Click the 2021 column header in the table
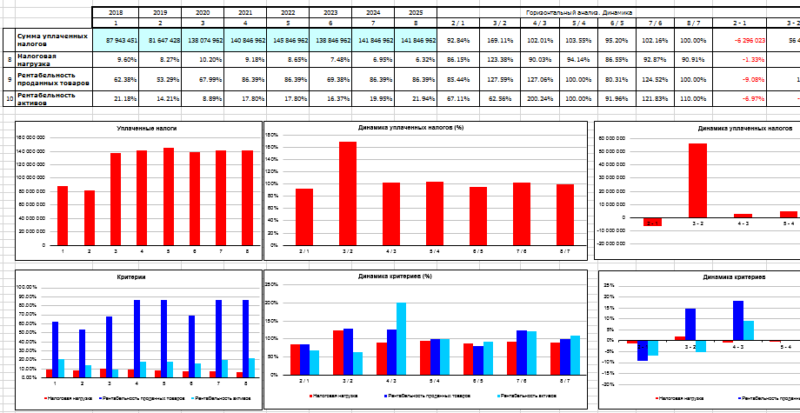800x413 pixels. [245, 13]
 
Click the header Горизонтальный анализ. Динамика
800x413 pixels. [579, 13]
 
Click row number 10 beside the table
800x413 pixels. [9, 98]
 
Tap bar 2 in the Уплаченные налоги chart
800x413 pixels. [89, 216]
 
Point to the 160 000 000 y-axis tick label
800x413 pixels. [30, 137]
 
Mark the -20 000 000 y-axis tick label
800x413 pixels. [613, 231]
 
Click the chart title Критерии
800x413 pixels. [131, 276]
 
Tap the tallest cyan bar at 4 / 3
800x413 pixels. [401, 338]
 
